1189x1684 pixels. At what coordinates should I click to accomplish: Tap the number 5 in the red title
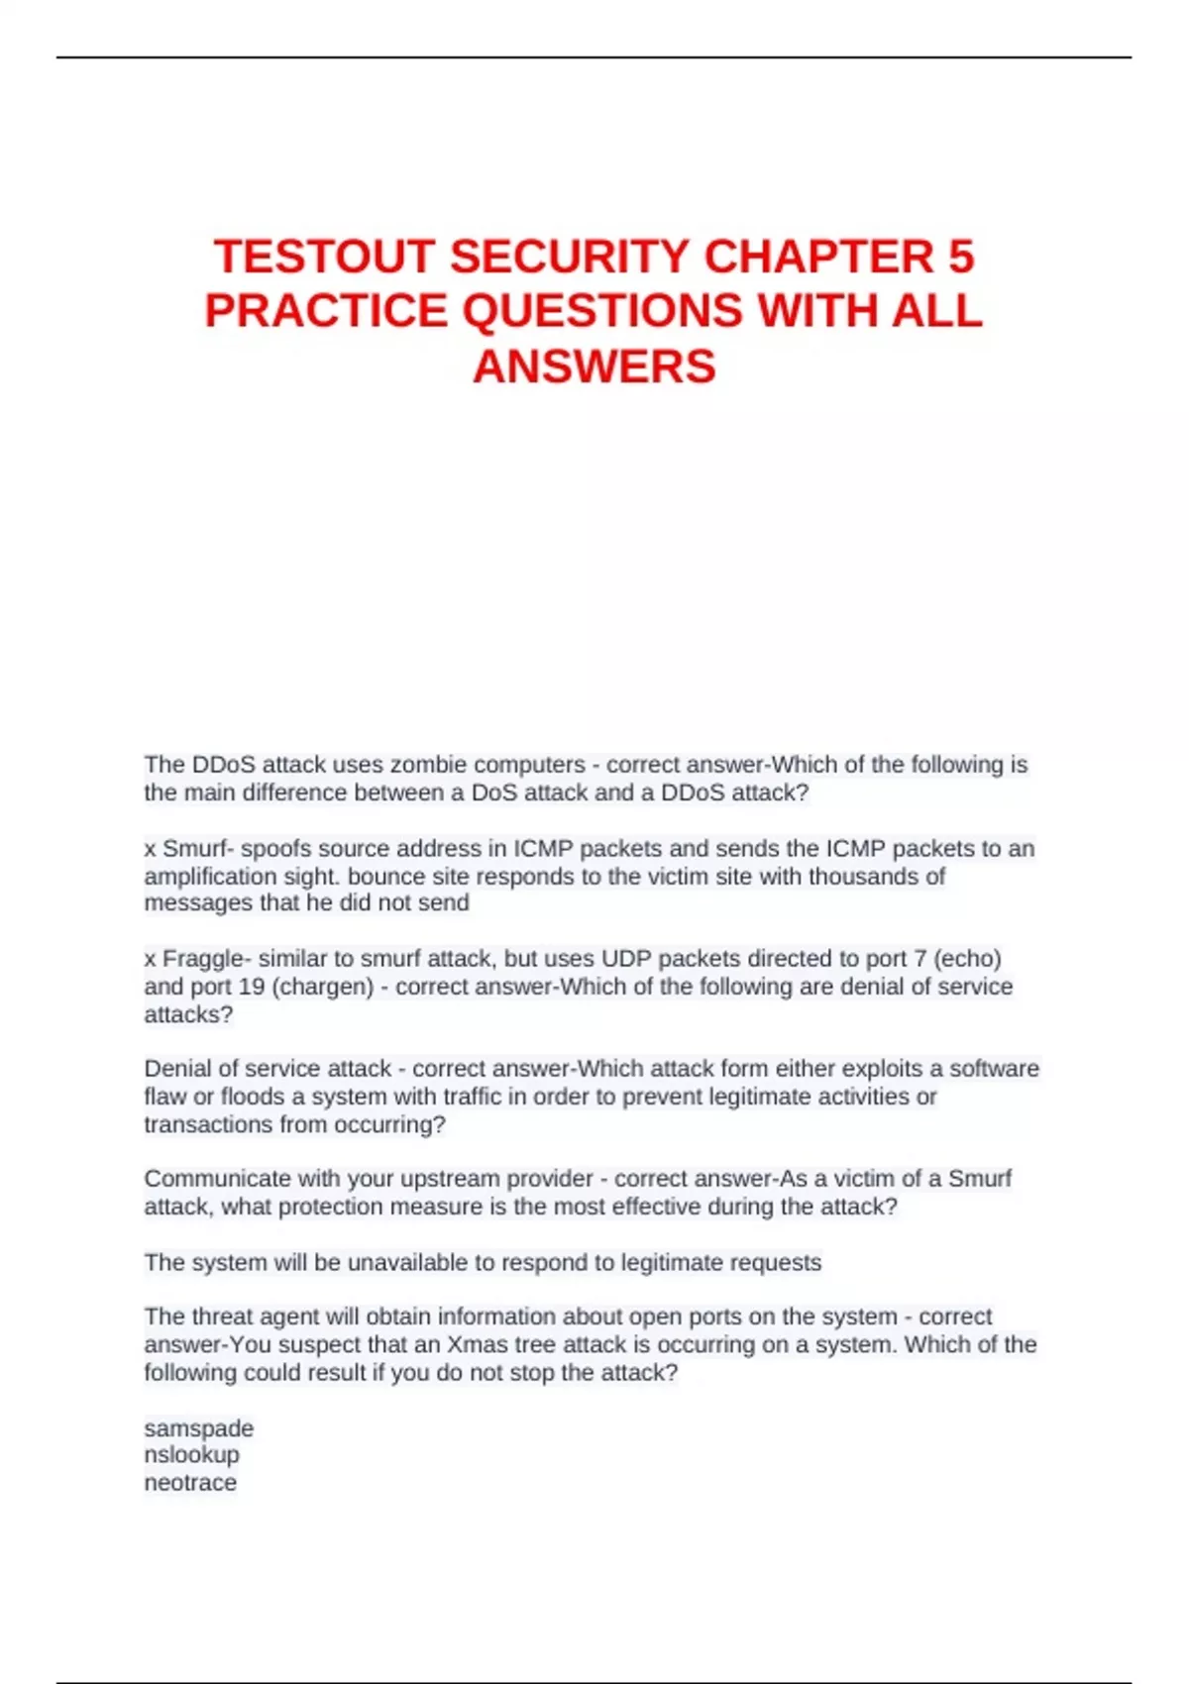pos(960,257)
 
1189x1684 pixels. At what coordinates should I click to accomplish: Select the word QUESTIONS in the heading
pos(602,311)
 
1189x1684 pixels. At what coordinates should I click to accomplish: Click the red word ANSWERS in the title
pos(594,367)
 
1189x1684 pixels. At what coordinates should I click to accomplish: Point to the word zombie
pos(428,765)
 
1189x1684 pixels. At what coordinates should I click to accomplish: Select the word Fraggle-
pos(206,959)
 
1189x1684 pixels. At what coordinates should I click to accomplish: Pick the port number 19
pos(253,987)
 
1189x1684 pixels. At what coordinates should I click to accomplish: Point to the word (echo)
pos(968,959)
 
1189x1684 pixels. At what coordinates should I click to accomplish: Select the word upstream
pos(453,1179)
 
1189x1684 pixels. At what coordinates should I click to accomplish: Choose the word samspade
pos(199,1428)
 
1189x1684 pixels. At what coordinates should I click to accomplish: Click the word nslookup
pos(192,1455)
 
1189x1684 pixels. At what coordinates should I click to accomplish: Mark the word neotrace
pos(190,1483)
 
